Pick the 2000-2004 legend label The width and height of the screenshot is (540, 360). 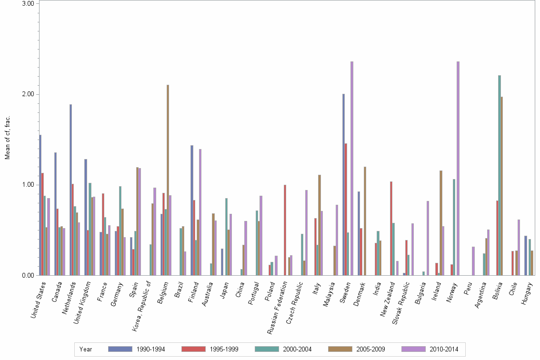point(297,350)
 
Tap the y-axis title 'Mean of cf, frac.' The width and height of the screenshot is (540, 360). point(7,138)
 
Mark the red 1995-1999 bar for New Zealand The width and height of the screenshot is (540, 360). point(391,228)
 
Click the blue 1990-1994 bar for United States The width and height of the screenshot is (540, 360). point(40,205)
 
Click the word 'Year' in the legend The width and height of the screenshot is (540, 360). point(86,350)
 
